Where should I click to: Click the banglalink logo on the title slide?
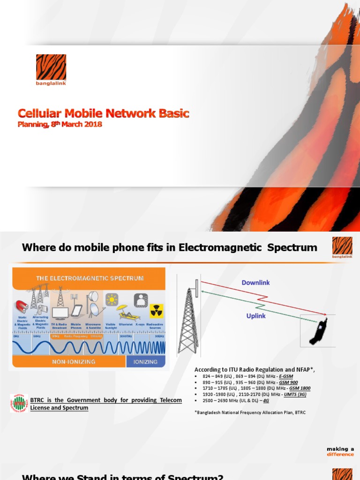tap(51, 69)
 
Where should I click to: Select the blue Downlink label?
tap(255, 283)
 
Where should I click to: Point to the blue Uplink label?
tap(256, 316)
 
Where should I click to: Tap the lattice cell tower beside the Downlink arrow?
tap(188, 319)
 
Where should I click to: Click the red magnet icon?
tap(21, 307)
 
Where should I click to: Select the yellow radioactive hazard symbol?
tap(156, 311)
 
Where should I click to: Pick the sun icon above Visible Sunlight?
tap(112, 299)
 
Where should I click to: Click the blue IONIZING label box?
tap(145, 361)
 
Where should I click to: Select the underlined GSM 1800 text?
tap(300, 388)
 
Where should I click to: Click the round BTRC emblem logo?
tap(19, 403)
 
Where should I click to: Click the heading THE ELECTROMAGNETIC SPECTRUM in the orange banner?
tap(90, 278)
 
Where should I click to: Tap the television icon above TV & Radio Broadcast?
tap(60, 313)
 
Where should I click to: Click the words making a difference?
tap(341, 451)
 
